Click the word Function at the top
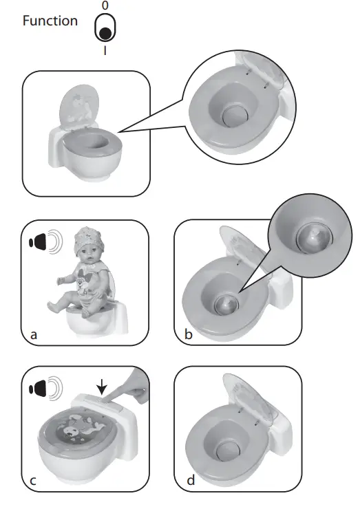[x=50, y=21]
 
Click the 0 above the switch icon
[x=105, y=6]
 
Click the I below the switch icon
[x=105, y=50]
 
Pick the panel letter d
[x=191, y=479]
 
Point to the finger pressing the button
[x=127, y=393]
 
